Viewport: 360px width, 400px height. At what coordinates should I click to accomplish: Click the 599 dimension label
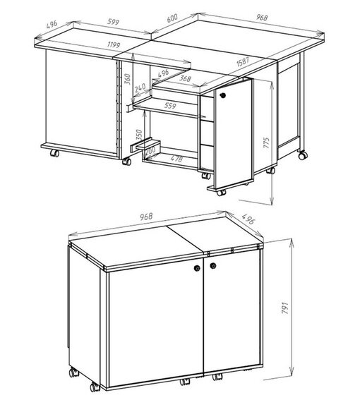coord(113,22)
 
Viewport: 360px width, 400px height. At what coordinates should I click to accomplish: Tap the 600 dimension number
coord(172,18)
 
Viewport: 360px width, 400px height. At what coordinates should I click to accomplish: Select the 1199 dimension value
coord(114,45)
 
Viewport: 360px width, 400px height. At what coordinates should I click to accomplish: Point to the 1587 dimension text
coord(243,62)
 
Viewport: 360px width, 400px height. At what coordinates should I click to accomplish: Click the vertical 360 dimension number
coord(128,79)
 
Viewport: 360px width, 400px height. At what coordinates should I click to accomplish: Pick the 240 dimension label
coord(140,88)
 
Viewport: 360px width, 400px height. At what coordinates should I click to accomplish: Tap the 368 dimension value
coord(185,78)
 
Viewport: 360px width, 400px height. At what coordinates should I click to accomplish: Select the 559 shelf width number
coord(170,105)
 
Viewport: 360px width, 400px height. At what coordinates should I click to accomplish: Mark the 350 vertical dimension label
coord(139,135)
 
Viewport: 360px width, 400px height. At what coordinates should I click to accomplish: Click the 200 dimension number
coord(150,150)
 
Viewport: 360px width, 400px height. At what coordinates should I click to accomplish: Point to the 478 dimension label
coord(176,159)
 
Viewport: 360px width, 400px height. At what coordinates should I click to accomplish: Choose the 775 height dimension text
coord(266,143)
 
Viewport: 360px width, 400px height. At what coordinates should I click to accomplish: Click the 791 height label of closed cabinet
coord(285,308)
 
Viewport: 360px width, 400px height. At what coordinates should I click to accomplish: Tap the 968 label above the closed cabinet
coord(146,217)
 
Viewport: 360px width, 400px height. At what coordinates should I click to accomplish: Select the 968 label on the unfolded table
coord(262,18)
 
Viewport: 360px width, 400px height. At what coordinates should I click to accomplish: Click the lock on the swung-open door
coord(223,95)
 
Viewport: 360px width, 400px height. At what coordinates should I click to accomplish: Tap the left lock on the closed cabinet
coord(197,268)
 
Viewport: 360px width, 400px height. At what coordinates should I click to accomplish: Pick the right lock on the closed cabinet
coord(213,266)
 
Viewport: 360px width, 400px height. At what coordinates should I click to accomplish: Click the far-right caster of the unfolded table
coord(303,155)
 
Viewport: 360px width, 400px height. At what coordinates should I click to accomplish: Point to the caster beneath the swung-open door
coord(221,193)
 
